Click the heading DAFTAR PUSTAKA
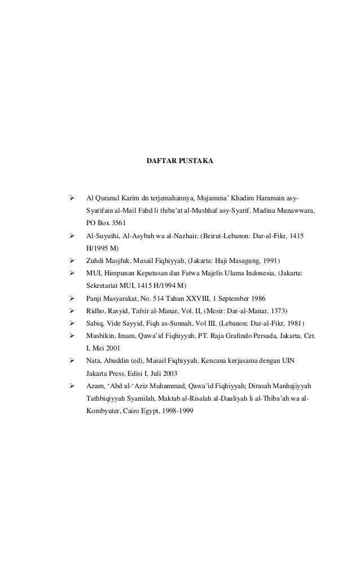tap(179, 162)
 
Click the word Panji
tap(94, 297)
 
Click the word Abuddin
tap(117, 361)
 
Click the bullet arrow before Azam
tap(71, 385)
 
